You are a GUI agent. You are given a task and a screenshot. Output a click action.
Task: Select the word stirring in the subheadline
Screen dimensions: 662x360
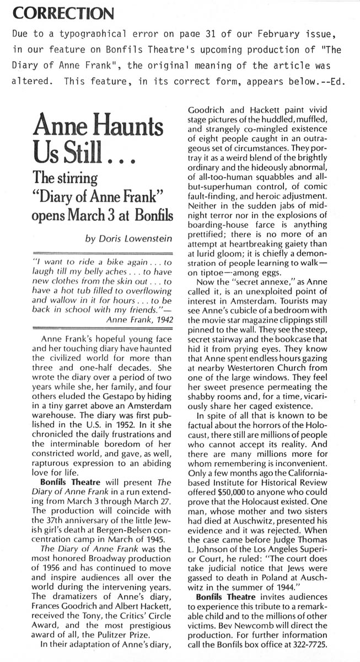click(75, 179)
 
